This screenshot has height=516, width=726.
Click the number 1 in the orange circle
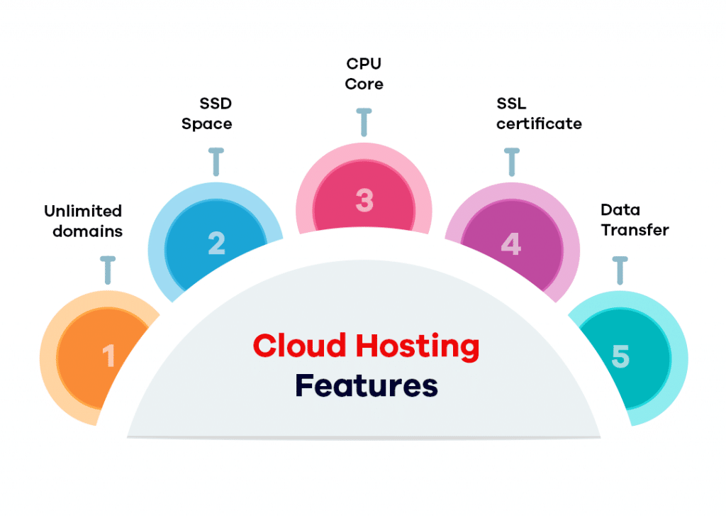(108, 356)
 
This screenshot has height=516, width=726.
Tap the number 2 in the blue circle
(216, 243)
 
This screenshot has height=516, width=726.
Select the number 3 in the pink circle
(364, 200)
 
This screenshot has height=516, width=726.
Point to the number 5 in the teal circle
(620, 356)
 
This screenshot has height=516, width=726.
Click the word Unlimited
(83, 212)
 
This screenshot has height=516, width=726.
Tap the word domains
(87, 231)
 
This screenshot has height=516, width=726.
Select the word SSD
(216, 104)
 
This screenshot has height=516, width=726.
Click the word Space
(206, 124)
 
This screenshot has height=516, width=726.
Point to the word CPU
(364, 64)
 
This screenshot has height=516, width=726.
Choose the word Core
(364, 84)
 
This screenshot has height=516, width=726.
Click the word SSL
(511, 104)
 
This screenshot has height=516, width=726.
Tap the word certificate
(539, 124)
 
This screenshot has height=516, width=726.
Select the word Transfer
(635, 230)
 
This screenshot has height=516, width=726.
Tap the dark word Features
(366, 386)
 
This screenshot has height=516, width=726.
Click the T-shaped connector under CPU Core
(364, 122)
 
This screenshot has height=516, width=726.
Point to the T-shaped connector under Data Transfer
(620, 270)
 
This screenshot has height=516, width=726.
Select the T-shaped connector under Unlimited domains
(108, 270)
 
